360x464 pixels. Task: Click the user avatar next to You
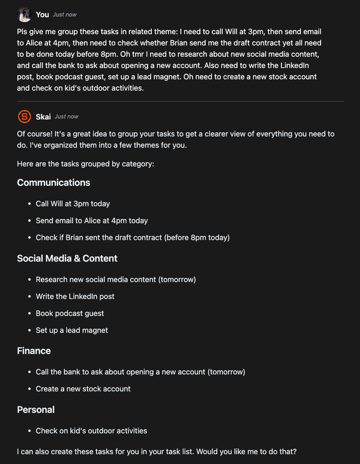[x=24, y=14]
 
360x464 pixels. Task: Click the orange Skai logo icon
[x=24, y=116]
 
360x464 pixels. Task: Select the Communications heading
[x=53, y=182]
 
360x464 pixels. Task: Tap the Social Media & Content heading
[x=67, y=258]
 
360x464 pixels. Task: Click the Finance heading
[x=34, y=351]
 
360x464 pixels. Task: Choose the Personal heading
[x=35, y=409]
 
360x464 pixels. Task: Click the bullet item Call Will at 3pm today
[x=73, y=204]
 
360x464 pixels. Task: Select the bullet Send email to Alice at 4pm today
[x=91, y=221]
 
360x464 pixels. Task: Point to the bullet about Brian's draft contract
[x=132, y=237]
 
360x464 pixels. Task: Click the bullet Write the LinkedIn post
[x=75, y=296]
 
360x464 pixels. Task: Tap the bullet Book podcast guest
[x=70, y=313]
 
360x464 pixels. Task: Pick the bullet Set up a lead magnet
[x=71, y=330]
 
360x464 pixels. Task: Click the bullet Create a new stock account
[x=83, y=388]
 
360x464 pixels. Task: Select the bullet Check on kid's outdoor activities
[x=91, y=430]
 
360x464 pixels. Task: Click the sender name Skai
[x=43, y=116]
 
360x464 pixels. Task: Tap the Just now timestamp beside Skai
[x=66, y=116]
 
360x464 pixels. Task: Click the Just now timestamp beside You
[x=65, y=14]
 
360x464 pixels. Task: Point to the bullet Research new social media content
[x=116, y=279]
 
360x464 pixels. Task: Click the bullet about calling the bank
[x=140, y=372]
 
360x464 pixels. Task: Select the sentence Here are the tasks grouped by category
[x=85, y=163]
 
